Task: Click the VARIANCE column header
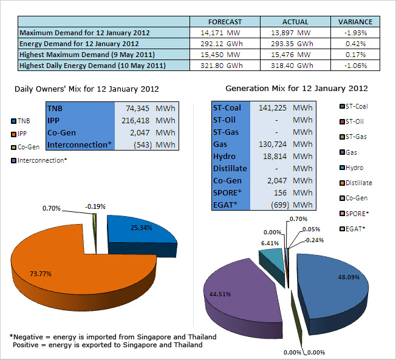pyautogui.click(x=355, y=22)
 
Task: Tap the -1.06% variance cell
pyautogui.click(x=355, y=66)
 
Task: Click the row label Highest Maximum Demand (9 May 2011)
pyautogui.click(x=87, y=55)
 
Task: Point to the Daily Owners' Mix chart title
pyautogui.click(x=87, y=89)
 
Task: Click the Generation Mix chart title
pyautogui.click(x=296, y=89)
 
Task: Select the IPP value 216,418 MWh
pyautogui.click(x=148, y=120)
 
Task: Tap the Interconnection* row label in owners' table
pyautogui.click(x=80, y=144)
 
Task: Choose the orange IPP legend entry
pyautogui.click(x=19, y=134)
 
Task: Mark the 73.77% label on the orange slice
pyautogui.click(x=41, y=274)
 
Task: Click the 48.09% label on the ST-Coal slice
pyautogui.click(x=349, y=277)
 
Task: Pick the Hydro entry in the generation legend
pyautogui.click(x=351, y=168)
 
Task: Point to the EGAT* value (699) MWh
pyautogui.click(x=292, y=205)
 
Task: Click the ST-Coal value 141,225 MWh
pyautogui.click(x=285, y=108)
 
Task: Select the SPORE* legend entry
pyautogui.click(x=354, y=214)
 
